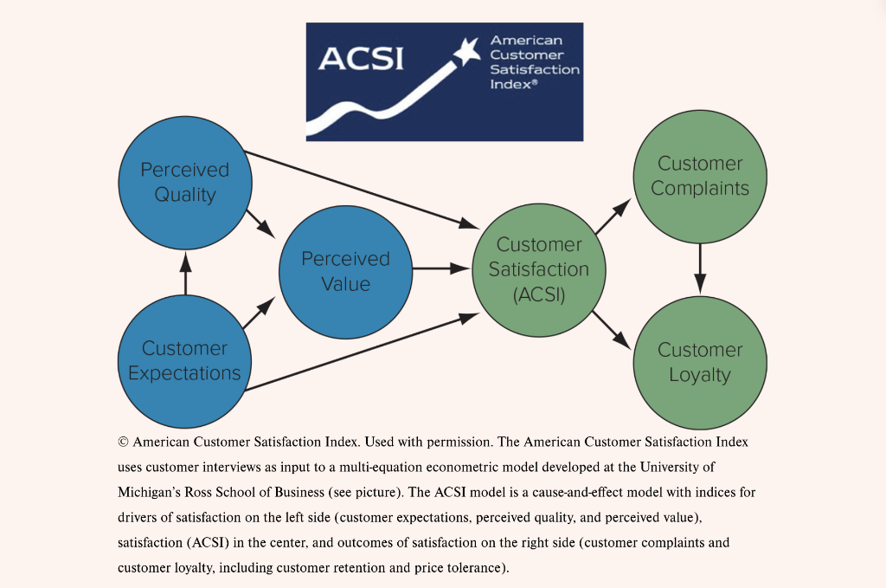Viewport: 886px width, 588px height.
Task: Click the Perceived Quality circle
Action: click(184, 182)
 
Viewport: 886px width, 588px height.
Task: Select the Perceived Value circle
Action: click(345, 271)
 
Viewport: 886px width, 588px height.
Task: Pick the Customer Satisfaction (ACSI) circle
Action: click(538, 269)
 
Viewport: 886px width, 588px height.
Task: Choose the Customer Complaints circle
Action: click(700, 176)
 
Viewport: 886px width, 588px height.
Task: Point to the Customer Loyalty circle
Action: click(700, 362)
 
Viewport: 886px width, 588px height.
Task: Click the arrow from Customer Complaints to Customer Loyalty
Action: click(700, 268)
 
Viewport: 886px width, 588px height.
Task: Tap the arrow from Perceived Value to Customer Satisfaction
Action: click(441, 268)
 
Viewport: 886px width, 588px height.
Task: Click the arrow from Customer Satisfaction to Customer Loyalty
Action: click(613, 329)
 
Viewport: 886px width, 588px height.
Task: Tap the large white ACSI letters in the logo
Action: click(361, 59)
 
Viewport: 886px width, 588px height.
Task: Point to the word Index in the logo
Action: click(511, 84)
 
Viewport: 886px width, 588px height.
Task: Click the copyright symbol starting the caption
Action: click(123, 443)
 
